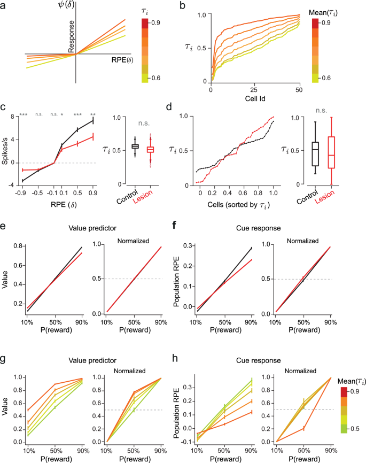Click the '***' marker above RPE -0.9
click(23, 115)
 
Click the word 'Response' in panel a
click(72, 36)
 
